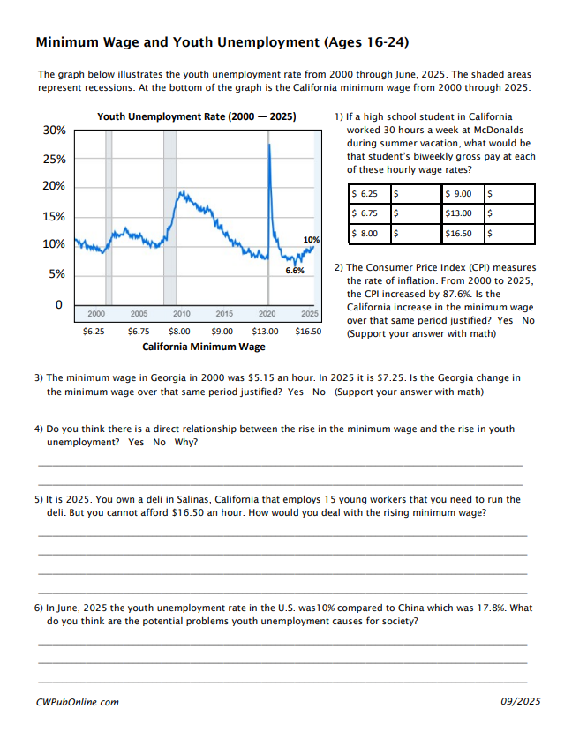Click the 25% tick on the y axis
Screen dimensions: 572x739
(x=54, y=160)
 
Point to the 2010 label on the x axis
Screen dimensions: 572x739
(x=182, y=313)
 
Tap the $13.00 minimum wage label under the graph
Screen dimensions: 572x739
(x=265, y=332)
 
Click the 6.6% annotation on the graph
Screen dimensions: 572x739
(x=295, y=271)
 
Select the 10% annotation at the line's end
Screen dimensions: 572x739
(x=312, y=240)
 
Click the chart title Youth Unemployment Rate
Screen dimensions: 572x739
(x=197, y=116)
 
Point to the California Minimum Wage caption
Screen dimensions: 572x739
(x=204, y=347)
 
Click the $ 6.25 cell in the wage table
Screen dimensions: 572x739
(x=365, y=194)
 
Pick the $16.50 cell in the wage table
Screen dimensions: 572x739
(x=459, y=234)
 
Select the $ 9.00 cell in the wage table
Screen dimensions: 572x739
(x=459, y=194)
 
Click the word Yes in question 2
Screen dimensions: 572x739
(x=505, y=320)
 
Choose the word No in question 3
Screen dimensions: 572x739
(x=319, y=392)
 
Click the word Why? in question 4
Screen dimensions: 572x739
(x=186, y=442)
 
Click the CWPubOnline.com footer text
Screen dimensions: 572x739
(x=78, y=702)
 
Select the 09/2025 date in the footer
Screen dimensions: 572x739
(x=521, y=701)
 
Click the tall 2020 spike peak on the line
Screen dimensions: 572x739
(x=269, y=145)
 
